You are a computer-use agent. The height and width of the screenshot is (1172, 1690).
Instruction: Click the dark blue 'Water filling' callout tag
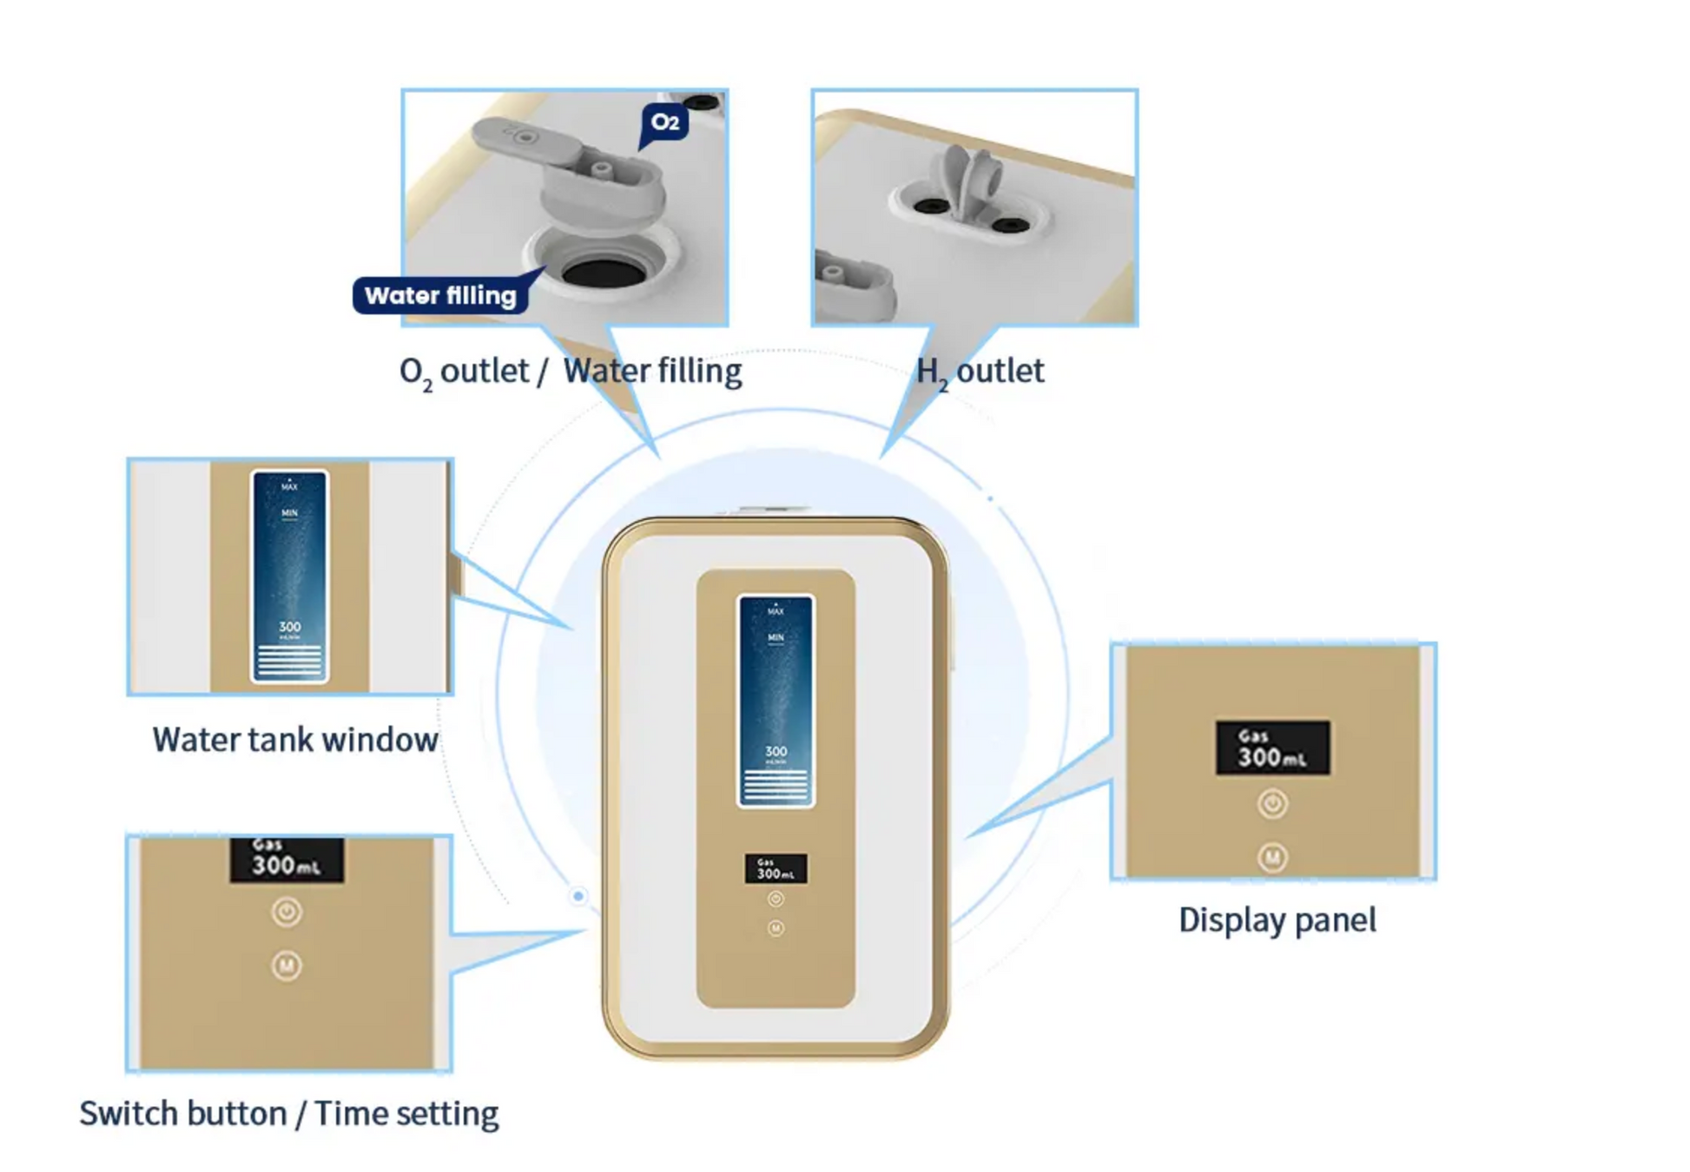coord(440,296)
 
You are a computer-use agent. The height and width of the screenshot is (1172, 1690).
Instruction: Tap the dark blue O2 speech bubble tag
coord(665,122)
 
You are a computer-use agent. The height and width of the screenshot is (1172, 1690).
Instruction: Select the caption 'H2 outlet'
coord(980,372)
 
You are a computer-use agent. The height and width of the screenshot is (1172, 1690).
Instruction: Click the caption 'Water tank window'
coord(295,740)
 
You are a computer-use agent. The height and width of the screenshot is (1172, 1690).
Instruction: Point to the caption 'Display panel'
coord(1277,920)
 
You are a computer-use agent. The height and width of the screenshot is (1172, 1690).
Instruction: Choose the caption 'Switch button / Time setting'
coord(289,1113)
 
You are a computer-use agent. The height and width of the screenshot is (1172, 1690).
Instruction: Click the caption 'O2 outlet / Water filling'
coord(571,372)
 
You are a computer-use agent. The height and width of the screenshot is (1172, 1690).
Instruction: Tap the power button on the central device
coord(776,899)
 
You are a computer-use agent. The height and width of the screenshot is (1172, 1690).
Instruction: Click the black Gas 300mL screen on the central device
coord(776,868)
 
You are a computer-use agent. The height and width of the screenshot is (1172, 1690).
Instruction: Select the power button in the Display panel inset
coord(1272,804)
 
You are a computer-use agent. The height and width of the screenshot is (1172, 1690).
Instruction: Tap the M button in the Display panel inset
coord(1272,858)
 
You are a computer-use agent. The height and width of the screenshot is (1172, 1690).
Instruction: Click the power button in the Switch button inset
coord(287,912)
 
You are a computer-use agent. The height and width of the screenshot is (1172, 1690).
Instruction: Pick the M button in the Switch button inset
coord(287,965)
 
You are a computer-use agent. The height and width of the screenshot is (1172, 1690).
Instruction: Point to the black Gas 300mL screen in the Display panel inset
coord(1272,747)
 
